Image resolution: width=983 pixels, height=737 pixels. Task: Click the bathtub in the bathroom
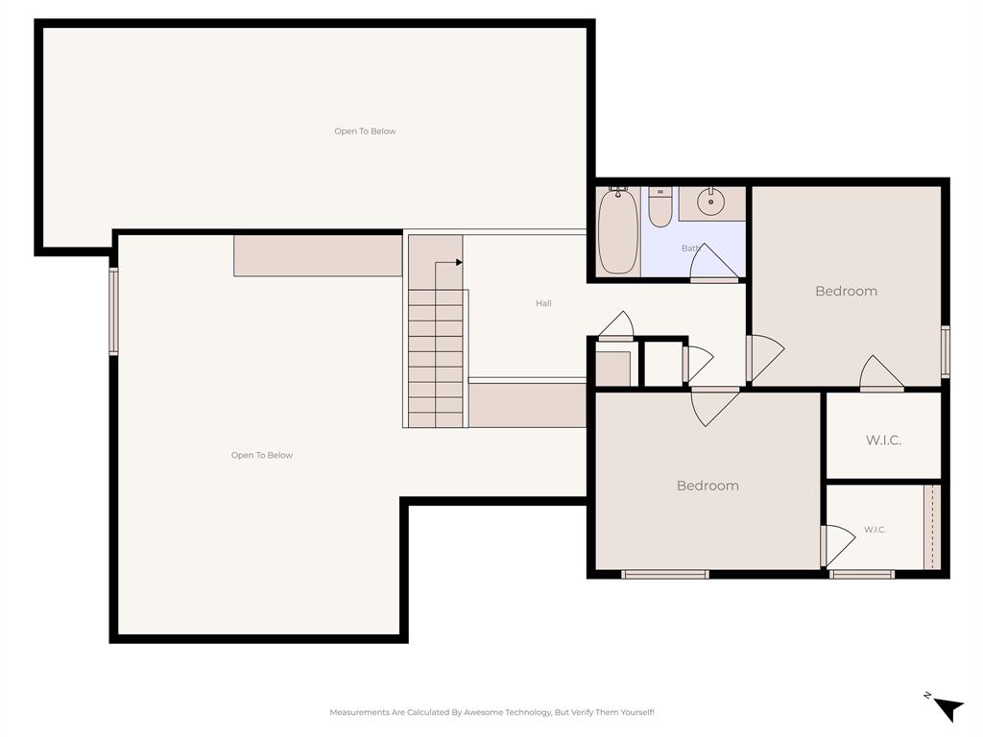tap(617, 230)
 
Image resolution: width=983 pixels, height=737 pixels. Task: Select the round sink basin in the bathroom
tap(711, 202)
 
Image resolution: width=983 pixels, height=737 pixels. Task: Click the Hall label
tap(543, 303)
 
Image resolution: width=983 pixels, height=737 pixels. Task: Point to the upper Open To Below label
tap(365, 131)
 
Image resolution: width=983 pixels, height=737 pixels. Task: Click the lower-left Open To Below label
tap(262, 456)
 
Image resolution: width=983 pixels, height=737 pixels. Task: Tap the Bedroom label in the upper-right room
tap(846, 291)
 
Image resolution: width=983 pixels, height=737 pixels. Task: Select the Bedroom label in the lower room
tap(707, 486)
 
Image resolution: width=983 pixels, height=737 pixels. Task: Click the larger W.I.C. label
tap(883, 440)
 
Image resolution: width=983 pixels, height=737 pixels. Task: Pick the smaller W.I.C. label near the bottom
tap(875, 530)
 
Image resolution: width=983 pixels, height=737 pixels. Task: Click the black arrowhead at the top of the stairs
tap(459, 262)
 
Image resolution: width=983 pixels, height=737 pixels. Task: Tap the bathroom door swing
tap(712, 263)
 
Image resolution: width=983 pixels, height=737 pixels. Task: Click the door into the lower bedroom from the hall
tap(714, 405)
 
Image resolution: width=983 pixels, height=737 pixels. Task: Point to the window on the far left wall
tap(113, 312)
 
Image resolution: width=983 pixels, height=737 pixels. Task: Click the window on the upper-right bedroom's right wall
tap(945, 351)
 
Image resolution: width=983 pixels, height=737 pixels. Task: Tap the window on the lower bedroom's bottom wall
tap(664, 574)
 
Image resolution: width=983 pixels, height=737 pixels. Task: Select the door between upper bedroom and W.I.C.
tap(881, 374)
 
